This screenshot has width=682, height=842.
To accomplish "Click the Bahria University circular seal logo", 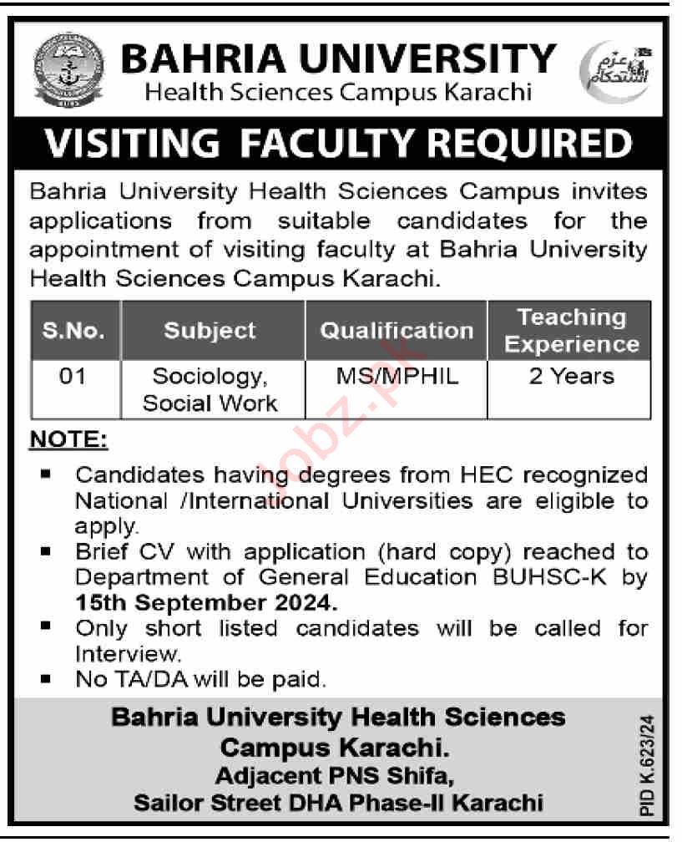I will tap(69, 70).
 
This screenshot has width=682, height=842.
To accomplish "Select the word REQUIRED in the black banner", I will tap(523, 143).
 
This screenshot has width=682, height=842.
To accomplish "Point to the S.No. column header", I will tap(74, 330).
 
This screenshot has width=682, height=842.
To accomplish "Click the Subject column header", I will tap(210, 330).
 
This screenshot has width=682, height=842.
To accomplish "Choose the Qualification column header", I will tap(397, 330).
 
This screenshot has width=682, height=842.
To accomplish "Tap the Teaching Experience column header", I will tap(572, 330).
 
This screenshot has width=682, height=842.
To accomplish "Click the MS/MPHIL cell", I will tap(397, 377).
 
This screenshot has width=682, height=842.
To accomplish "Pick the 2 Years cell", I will tap(572, 377).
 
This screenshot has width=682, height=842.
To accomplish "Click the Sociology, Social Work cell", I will tap(210, 389).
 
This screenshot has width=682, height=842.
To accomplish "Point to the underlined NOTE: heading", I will tap(69, 439).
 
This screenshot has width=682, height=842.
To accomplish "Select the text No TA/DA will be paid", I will tap(200, 678).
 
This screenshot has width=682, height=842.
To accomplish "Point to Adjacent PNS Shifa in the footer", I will tap(335, 777).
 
